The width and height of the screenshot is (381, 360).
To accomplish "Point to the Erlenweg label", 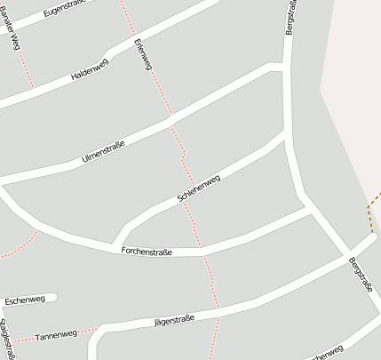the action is pyautogui.click(x=139, y=55).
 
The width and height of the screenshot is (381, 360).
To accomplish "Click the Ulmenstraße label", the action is pyautogui.click(x=102, y=150).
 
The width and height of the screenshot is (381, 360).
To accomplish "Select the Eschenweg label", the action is pyautogui.click(x=24, y=300).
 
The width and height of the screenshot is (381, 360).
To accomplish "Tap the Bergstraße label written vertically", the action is pyautogui.click(x=290, y=18).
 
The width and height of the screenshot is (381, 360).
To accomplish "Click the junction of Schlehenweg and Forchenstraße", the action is pyautogui.click(x=115, y=245).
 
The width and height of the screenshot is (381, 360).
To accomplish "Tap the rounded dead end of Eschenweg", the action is pyautogui.click(x=53, y=298).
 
